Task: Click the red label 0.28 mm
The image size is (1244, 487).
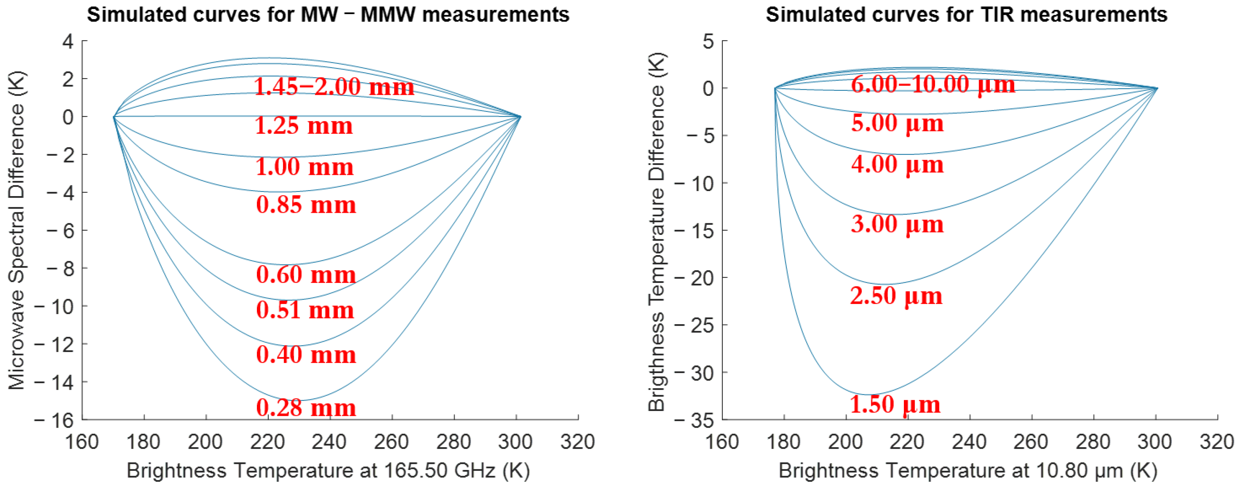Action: tap(306, 408)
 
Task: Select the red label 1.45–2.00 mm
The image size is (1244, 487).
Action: tap(334, 87)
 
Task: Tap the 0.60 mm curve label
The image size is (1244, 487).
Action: tap(306, 275)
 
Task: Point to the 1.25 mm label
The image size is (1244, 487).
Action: tap(304, 126)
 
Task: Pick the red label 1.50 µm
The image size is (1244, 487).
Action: tap(895, 405)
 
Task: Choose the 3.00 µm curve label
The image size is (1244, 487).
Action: tap(897, 224)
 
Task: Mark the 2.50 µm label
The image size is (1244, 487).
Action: tap(896, 296)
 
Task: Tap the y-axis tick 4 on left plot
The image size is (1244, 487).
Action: tap(68, 42)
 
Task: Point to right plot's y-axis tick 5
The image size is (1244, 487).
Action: tap(708, 42)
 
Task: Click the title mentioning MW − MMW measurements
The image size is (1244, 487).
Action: tap(328, 14)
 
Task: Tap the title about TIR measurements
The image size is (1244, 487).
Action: tap(966, 14)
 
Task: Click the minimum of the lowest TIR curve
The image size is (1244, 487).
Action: tap(870, 394)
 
